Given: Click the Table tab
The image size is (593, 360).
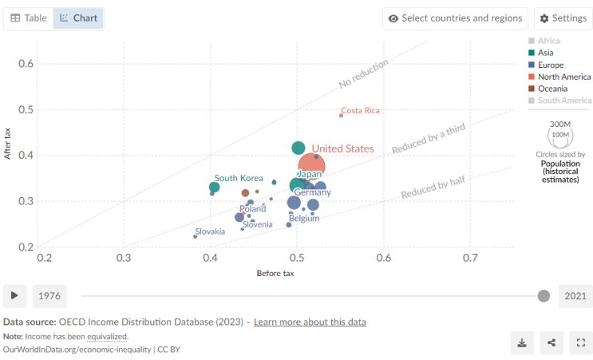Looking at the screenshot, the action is (x=29, y=18).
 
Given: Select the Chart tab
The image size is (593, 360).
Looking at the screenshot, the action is (x=78, y=18).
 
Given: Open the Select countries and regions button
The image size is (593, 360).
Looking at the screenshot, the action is (x=455, y=18).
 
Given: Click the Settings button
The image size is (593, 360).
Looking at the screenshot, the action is (x=563, y=18).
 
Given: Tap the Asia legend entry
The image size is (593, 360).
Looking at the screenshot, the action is (x=541, y=53).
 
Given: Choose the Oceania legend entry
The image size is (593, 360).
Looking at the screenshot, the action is (x=548, y=89).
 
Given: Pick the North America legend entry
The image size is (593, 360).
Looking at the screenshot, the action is (x=559, y=77).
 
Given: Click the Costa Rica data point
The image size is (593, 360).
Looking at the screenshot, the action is (x=341, y=115).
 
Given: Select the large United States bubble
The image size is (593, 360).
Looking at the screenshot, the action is (x=311, y=166).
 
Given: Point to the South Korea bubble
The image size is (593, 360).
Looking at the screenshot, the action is (x=215, y=187).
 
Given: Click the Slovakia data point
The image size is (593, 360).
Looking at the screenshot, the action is (x=196, y=237).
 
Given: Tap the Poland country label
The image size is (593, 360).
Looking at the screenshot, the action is (x=253, y=209).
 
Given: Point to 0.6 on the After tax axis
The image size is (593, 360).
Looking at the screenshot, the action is (x=26, y=64).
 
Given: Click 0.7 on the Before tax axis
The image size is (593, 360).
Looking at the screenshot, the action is (x=470, y=258).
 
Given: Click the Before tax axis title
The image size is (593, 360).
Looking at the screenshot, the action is (x=275, y=274).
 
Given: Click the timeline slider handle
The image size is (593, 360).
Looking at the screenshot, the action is (x=544, y=295).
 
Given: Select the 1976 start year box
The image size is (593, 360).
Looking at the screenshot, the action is (x=49, y=295).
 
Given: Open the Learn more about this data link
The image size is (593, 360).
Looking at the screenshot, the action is (x=310, y=322).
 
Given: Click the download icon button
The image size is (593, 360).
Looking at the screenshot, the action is (x=522, y=342).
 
